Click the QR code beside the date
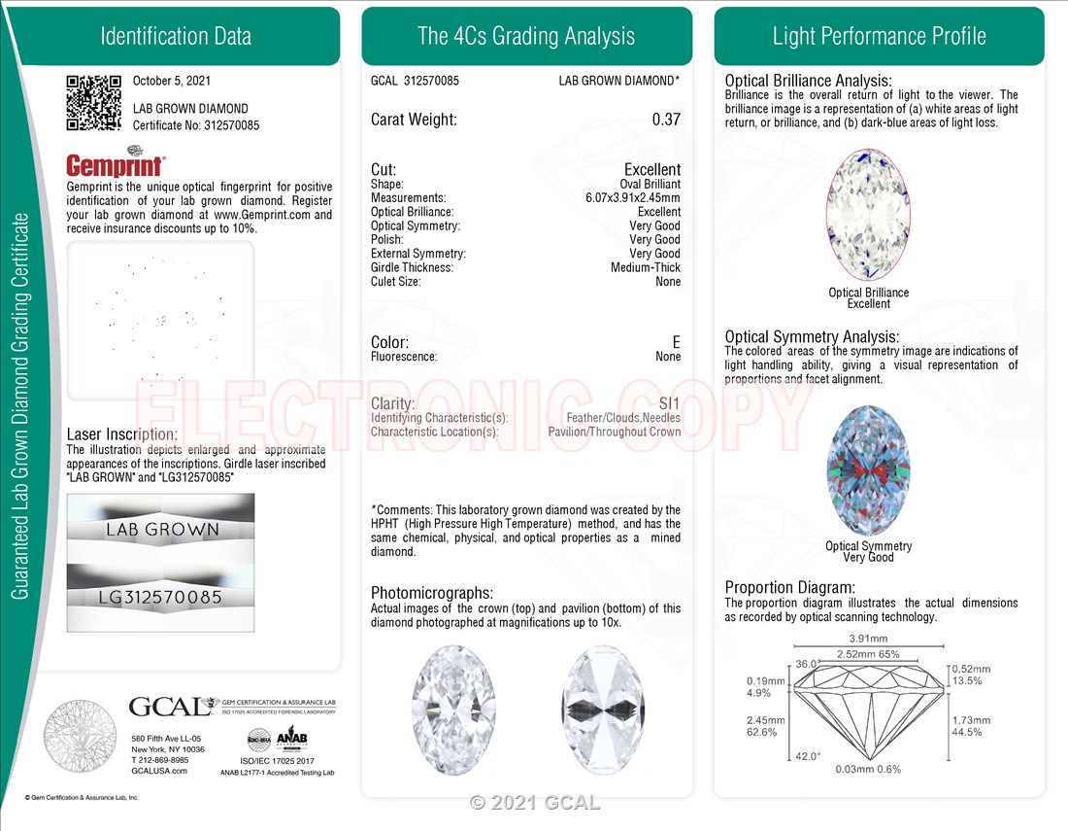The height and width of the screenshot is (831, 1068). (x=93, y=102)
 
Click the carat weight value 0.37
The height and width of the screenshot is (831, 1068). (x=666, y=120)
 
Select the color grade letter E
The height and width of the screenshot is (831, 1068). (x=677, y=342)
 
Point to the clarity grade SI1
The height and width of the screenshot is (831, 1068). (x=670, y=403)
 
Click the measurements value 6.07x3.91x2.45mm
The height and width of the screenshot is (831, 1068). (x=633, y=197)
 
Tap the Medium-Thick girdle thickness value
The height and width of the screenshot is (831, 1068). (x=646, y=267)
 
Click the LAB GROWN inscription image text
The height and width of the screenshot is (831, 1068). (x=163, y=530)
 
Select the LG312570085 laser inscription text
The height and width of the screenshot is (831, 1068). (x=160, y=598)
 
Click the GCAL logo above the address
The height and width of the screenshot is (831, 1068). (x=171, y=707)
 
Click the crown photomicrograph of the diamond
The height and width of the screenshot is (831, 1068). (x=453, y=710)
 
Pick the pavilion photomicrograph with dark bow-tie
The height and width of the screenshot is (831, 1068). (x=603, y=710)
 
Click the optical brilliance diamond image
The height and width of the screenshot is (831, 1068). (x=868, y=215)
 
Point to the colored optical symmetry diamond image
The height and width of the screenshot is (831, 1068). (x=868, y=470)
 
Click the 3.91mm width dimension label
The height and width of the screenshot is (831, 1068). (x=868, y=639)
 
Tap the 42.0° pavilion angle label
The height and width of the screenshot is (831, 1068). (x=808, y=756)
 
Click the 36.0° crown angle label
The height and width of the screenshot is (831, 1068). (x=808, y=663)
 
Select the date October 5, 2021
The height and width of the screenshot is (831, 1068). (x=172, y=81)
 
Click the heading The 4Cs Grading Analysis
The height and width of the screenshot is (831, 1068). (x=526, y=36)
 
